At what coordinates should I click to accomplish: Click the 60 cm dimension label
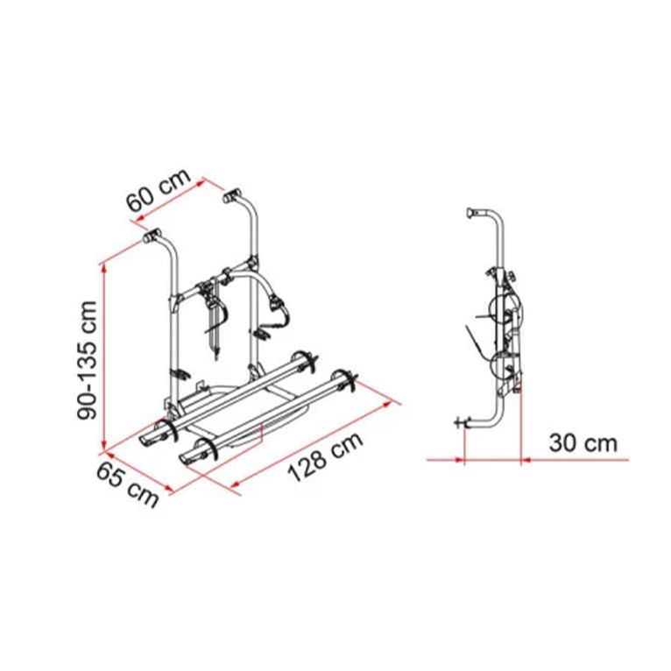tap(159, 190)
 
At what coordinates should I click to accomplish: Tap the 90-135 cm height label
tap(88, 360)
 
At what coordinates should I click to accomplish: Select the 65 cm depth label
tap(128, 484)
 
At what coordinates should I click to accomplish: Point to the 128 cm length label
tap(326, 456)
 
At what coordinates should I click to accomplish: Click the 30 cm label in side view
tap(583, 443)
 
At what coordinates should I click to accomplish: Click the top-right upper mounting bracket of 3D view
tap(232, 196)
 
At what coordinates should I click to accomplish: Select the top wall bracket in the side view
tap(473, 213)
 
